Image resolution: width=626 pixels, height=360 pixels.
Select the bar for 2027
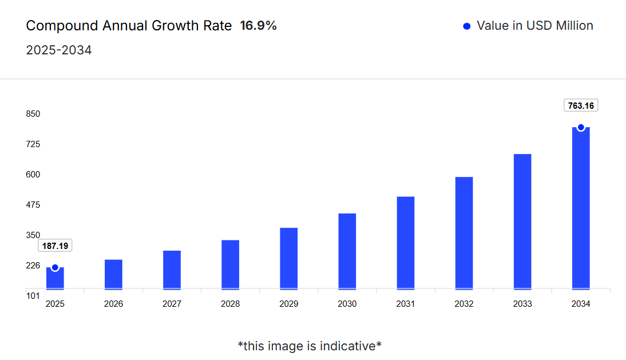click(x=172, y=270)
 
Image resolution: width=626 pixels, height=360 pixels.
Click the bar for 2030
click(x=347, y=251)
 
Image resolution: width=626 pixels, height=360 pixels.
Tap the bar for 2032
click(x=464, y=233)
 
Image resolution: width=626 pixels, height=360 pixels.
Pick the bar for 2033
click(x=522, y=221)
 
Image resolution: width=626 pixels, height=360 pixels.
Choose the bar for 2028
click(x=230, y=264)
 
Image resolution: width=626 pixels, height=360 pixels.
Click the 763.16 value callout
click(x=581, y=105)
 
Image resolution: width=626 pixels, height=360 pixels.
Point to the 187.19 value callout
click(x=55, y=246)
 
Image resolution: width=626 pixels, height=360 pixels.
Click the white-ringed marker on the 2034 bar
click(x=581, y=128)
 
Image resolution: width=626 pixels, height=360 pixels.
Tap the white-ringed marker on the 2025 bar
click(x=55, y=267)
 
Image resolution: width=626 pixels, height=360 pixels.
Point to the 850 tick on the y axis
click(x=33, y=114)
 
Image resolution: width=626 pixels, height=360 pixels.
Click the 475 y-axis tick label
click(x=33, y=205)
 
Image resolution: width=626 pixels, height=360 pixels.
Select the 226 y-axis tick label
click(x=33, y=266)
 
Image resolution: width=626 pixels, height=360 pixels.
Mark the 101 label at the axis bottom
click(x=33, y=296)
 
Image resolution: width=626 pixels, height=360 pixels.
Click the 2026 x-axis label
click(x=113, y=304)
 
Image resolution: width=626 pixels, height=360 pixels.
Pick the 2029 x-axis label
click(x=288, y=304)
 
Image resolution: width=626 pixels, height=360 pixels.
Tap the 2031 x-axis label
click(x=405, y=304)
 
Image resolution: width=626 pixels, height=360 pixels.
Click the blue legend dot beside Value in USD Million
click(x=466, y=26)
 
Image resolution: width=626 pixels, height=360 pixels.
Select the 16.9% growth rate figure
click(x=258, y=26)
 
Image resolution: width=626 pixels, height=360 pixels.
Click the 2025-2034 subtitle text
click(x=59, y=50)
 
